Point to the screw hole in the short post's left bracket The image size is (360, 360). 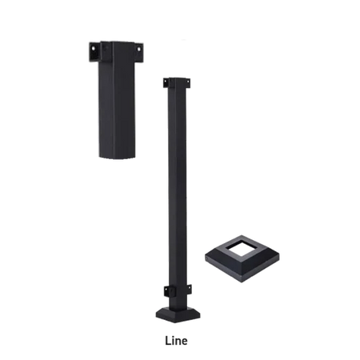92,48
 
